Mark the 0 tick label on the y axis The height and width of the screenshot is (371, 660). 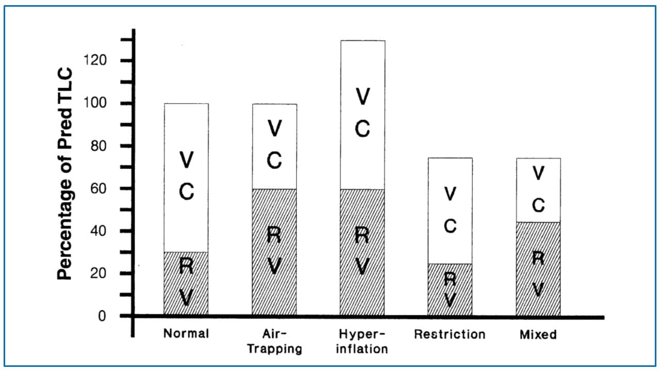102,315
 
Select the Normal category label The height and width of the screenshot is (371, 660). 186,333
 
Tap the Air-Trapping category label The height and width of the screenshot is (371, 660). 274,341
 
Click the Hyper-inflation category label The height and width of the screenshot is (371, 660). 362,341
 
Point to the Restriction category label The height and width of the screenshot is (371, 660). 450,334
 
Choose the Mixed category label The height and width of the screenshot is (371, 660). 538,334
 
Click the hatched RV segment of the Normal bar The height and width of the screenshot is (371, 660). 186,283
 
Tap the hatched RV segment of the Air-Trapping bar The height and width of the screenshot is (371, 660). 274,251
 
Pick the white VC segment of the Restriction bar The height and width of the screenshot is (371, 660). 450,211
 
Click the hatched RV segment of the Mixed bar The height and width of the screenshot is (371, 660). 538,268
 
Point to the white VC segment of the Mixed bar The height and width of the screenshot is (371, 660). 538,190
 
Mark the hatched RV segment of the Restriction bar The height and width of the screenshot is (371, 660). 450,289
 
